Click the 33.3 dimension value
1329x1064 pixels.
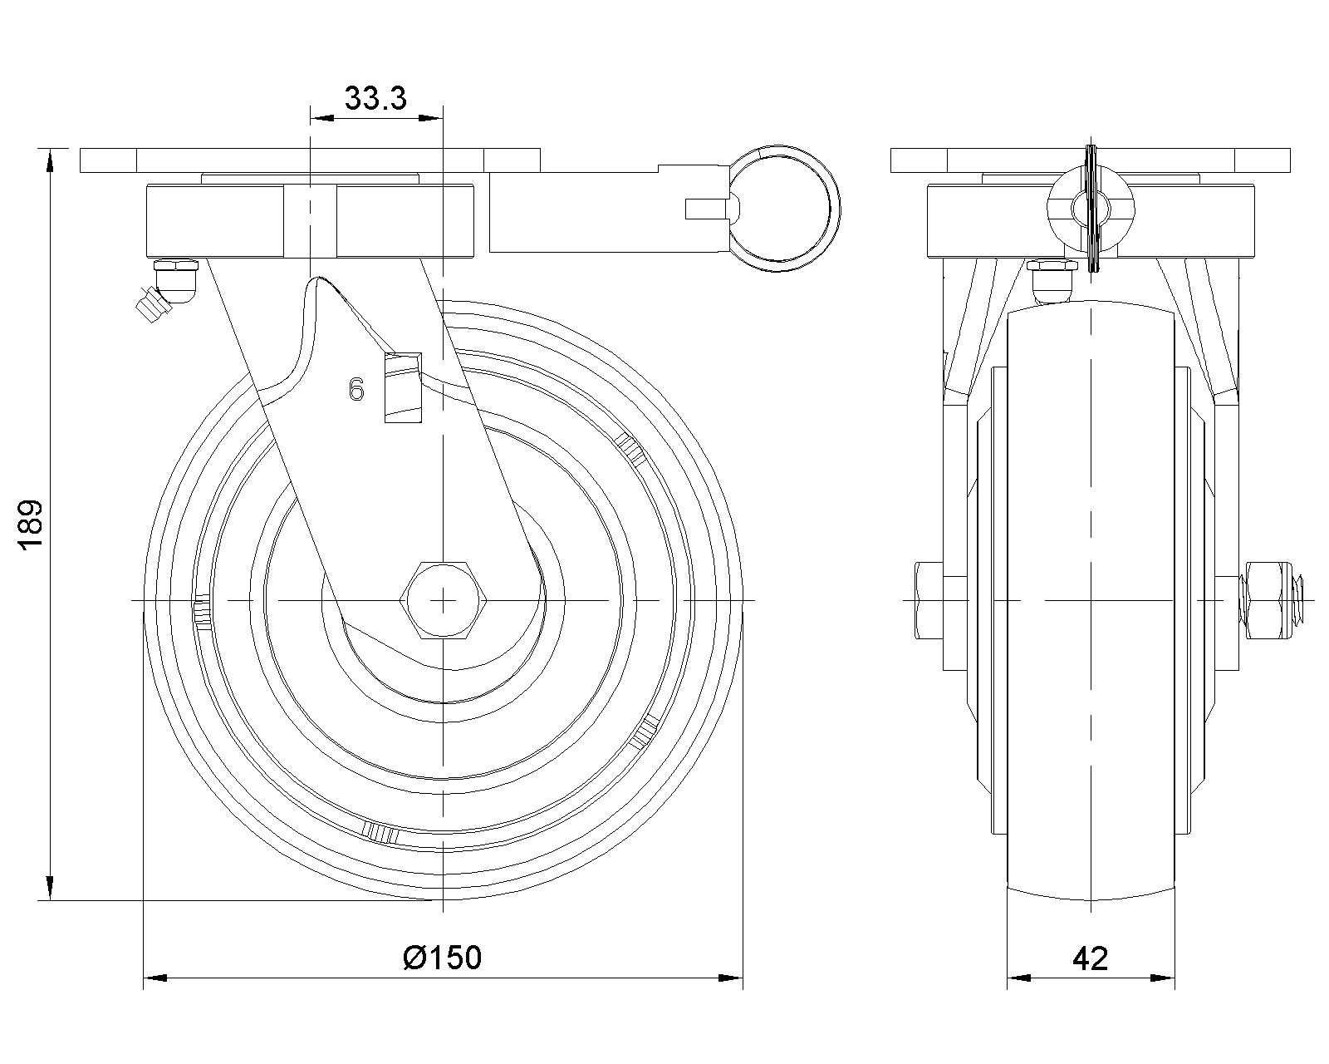(x=375, y=98)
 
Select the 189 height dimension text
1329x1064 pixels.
(x=30, y=525)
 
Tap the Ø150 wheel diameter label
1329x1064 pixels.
(x=442, y=958)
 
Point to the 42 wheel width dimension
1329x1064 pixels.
(x=1090, y=959)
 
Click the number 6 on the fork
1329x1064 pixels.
(x=356, y=390)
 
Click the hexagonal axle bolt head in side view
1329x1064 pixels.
(x=444, y=599)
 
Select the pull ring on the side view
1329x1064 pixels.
(x=783, y=209)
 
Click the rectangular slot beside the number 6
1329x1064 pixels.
(x=404, y=387)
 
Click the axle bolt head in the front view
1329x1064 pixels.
(x=929, y=599)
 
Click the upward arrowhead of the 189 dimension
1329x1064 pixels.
(x=50, y=160)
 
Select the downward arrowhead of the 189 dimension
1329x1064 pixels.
(x=50, y=889)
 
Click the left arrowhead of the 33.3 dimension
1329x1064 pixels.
(x=321, y=117)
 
